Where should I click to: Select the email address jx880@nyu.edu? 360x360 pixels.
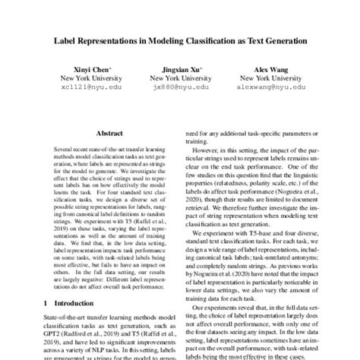pos(179,87)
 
